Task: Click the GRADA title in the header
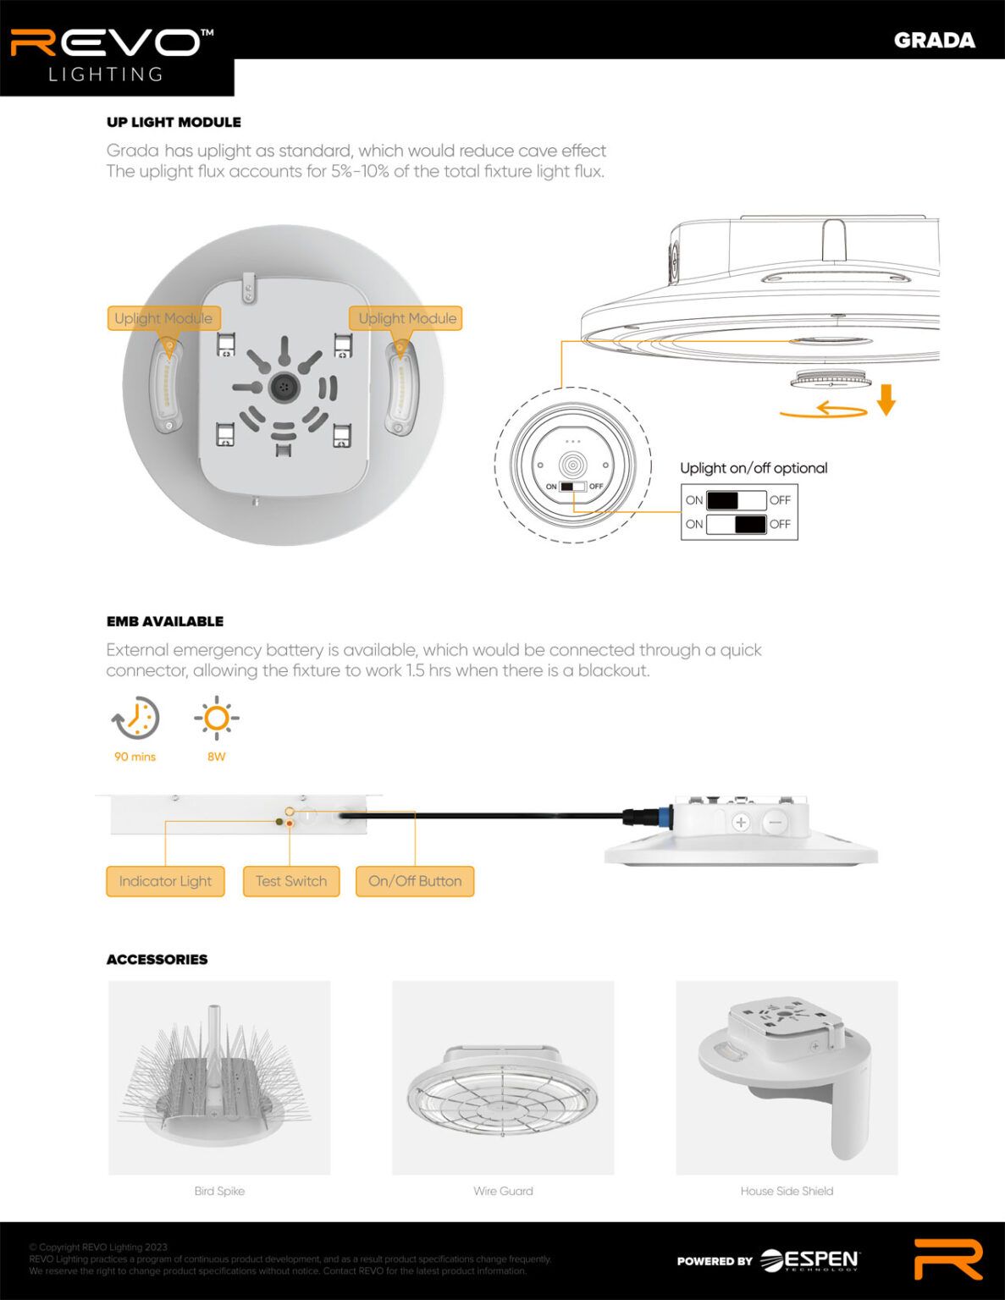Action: click(934, 41)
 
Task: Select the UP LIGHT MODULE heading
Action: click(174, 122)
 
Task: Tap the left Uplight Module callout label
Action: click(163, 318)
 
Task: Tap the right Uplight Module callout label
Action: click(406, 318)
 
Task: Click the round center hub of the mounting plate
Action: click(284, 387)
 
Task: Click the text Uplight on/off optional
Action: click(753, 468)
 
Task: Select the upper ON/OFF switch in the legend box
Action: click(736, 500)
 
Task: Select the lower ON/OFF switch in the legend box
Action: click(736, 524)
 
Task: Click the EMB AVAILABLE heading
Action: click(165, 621)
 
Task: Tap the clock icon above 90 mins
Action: click(135, 719)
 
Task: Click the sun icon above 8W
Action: click(216, 719)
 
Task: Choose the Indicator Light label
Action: click(165, 881)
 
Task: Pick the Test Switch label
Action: click(290, 881)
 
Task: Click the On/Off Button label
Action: click(414, 881)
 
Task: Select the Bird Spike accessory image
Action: click(219, 1077)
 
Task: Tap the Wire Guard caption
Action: click(503, 1191)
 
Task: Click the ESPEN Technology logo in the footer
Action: click(809, 1260)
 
